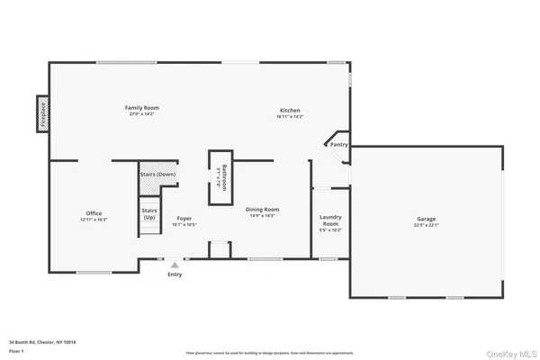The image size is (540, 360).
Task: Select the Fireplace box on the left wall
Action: tap(42, 114)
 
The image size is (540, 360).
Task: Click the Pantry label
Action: tap(338, 144)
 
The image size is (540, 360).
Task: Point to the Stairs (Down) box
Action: tap(157, 175)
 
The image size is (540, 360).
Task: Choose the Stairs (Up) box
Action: tap(148, 213)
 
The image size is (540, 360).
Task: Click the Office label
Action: tap(94, 212)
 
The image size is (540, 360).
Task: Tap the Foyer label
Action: tap(184, 218)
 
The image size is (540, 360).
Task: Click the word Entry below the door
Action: tap(175, 274)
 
